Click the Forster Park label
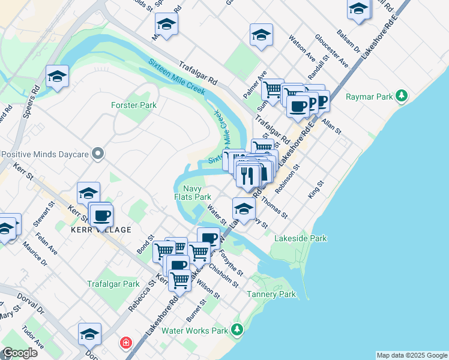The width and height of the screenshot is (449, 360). [133, 105]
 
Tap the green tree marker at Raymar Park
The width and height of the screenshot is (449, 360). [402, 96]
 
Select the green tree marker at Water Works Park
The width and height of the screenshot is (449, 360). [238, 330]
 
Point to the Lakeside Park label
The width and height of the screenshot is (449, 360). [300, 238]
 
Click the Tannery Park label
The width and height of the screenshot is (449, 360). [271, 294]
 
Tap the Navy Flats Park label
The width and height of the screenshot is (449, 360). [193, 192]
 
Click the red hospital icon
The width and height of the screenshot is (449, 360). [125, 343]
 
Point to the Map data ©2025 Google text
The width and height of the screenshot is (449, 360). [411, 355]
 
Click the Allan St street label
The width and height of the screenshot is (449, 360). [331, 127]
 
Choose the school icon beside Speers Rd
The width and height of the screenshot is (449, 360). [58, 76]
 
